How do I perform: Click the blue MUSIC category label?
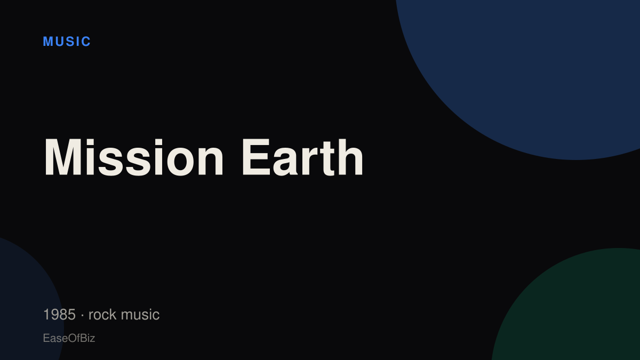(x=67, y=42)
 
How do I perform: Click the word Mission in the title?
(x=133, y=157)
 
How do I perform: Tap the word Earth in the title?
(x=302, y=157)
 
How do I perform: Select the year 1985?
(x=59, y=314)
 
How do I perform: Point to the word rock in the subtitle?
(x=102, y=314)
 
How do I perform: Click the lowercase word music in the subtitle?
(x=140, y=314)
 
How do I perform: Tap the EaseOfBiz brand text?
(x=69, y=338)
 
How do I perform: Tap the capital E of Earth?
(x=256, y=157)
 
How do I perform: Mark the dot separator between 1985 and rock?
(x=82, y=315)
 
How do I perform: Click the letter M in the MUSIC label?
(x=47, y=42)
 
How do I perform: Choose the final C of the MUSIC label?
(x=86, y=42)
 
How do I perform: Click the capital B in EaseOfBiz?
(x=83, y=338)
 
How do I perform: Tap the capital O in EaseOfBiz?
(x=73, y=338)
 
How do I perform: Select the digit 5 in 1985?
(x=71, y=314)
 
